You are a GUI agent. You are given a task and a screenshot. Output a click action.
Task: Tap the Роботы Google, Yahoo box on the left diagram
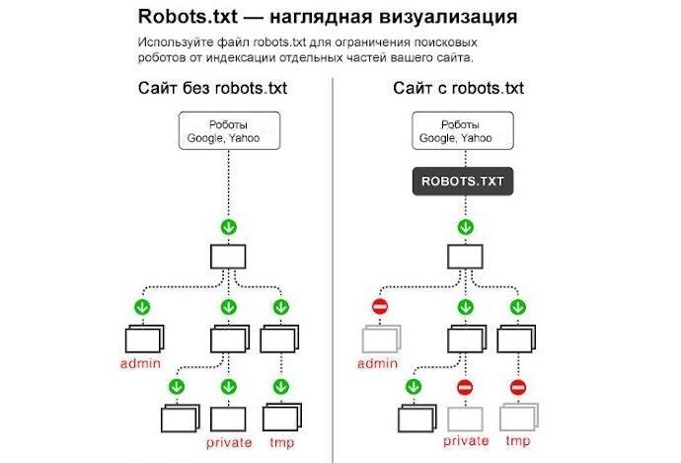pos(229,131)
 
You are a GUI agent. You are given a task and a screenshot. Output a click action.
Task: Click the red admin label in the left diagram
pos(140,364)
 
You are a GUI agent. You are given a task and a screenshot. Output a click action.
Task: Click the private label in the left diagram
pos(229,442)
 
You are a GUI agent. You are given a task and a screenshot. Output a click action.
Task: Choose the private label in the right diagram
pos(466,442)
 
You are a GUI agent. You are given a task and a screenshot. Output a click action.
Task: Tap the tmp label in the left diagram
pos(281,442)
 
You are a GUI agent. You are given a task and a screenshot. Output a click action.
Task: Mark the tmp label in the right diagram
pos(519,442)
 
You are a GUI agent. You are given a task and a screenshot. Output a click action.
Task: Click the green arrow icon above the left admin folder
pos(142,307)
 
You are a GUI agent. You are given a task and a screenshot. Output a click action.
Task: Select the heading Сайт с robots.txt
pos(458,89)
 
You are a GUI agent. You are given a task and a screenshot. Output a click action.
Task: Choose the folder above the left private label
pos(229,416)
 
